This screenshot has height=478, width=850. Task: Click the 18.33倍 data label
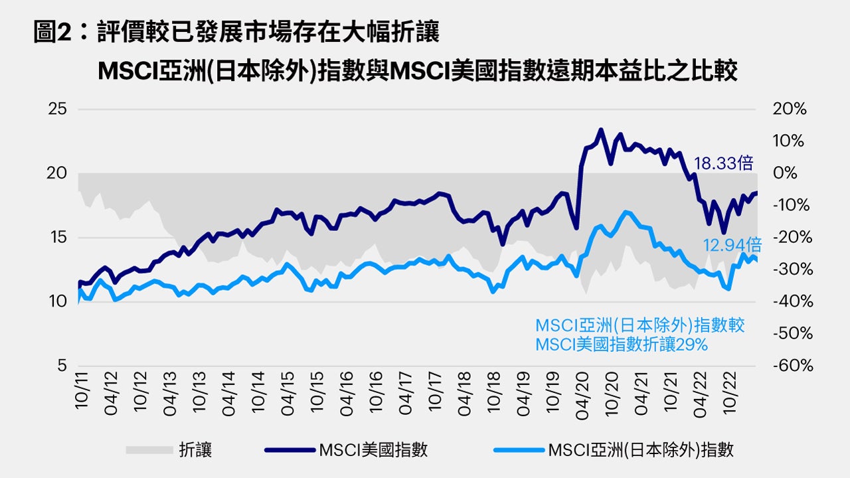pos(724,163)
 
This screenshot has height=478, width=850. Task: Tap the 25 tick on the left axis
pos(58,110)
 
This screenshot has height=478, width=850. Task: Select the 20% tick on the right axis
pos(790,110)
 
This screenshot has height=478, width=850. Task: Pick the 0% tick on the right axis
pos(786,174)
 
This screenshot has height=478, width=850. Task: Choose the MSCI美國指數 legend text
pos(373,450)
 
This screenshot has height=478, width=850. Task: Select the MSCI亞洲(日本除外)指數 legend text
pos(641,450)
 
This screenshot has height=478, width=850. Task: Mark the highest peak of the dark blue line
pos(600,129)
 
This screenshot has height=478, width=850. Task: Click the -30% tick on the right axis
pos(790,270)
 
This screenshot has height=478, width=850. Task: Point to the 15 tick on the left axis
pos(58,238)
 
